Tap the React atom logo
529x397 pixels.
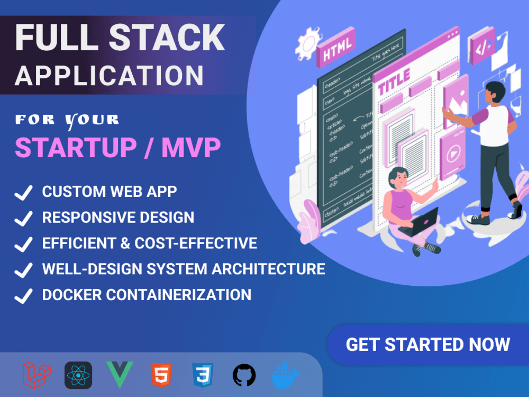click(78, 375)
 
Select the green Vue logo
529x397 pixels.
click(119, 375)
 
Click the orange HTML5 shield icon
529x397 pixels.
click(160, 375)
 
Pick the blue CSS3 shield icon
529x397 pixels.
click(203, 375)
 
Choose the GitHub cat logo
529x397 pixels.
click(244, 375)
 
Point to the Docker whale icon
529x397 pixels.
click(286, 375)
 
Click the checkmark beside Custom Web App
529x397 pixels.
click(23, 192)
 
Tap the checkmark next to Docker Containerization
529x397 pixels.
click(23, 295)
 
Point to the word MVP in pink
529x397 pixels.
click(191, 149)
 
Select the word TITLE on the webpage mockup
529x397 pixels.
click(394, 81)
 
